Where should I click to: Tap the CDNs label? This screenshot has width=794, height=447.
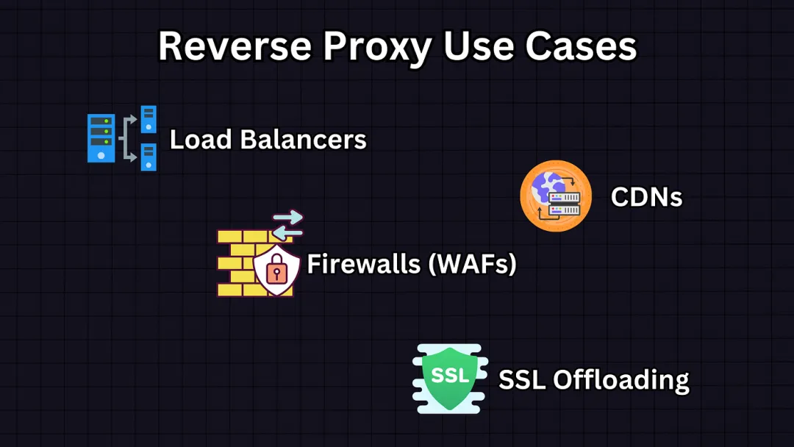pyautogui.click(x=646, y=197)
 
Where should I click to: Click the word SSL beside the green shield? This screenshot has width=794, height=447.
pyautogui.click(x=523, y=379)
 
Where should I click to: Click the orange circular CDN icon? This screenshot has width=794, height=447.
pyautogui.click(x=556, y=196)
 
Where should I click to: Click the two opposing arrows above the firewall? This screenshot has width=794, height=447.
pyautogui.click(x=287, y=224)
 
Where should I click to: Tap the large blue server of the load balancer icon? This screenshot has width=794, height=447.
pyautogui.click(x=101, y=137)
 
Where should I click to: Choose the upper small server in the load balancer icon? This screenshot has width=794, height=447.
pyautogui.click(x=149, y=119)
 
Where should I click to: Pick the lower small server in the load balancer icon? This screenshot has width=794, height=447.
pyautogui.click(x=149, y=157)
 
